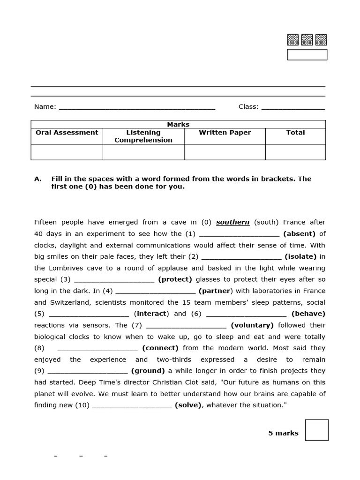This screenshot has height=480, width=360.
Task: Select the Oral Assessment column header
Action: coord(67,133)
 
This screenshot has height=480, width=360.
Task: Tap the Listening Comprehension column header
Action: coord(143,136)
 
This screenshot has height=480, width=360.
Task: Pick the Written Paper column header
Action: coord(225,133)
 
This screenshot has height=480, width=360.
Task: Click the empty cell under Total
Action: coord(295,152)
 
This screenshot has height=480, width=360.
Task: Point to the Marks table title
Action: coord(178,124)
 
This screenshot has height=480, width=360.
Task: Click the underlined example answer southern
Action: coord(232,222)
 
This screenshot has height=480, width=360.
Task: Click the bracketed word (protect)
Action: coord(175,279)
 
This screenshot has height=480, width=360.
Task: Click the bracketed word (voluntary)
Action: coord(252,325)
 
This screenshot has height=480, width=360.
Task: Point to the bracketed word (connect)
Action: coord(160,348)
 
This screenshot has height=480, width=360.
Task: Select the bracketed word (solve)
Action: coord(188,405)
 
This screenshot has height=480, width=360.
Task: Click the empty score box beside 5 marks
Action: coord(316,430)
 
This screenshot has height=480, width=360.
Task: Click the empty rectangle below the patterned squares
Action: coord(307,55)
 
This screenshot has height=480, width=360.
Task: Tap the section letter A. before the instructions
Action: coord(38,179)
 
